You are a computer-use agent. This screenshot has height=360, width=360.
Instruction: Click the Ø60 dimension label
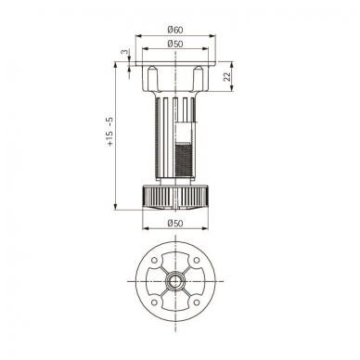(175, 30)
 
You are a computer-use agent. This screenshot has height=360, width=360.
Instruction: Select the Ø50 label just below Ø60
(175, 44)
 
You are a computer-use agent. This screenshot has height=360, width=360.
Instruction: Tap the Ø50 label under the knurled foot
(175, 223)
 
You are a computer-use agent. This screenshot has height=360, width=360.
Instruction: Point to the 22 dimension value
(227, 76)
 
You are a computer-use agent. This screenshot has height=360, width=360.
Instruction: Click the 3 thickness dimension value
(124, 52)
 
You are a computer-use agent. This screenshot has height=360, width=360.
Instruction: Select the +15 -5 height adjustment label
(110, 132)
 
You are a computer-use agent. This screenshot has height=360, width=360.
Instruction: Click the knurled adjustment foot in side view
(175, 197)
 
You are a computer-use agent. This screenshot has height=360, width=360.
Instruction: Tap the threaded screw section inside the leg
(185, 161)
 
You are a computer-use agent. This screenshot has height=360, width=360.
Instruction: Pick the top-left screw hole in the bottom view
(154, 261)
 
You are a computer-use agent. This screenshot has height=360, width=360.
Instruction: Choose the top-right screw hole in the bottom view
(196, 261)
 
